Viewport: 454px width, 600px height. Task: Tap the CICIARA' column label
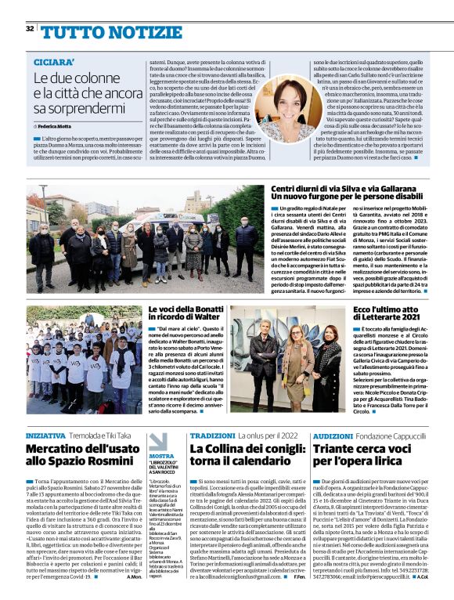tap(54, 61)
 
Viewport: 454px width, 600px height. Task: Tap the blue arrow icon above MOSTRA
tap(159, 440)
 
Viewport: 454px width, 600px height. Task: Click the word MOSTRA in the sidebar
tap(161, 456)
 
